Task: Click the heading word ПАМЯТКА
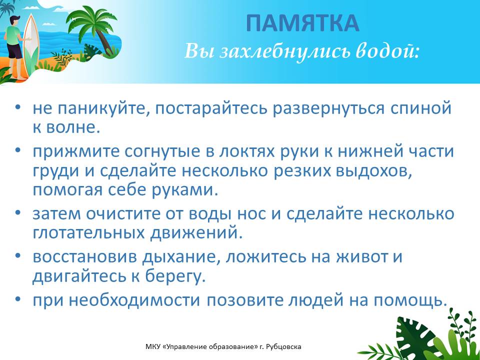(x=302, y=23)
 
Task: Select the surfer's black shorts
(x=14, y=51)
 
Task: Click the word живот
(x=362, y=257)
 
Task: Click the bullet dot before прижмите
(x=18, y=150)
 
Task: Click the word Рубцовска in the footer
(x=284, y=347)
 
